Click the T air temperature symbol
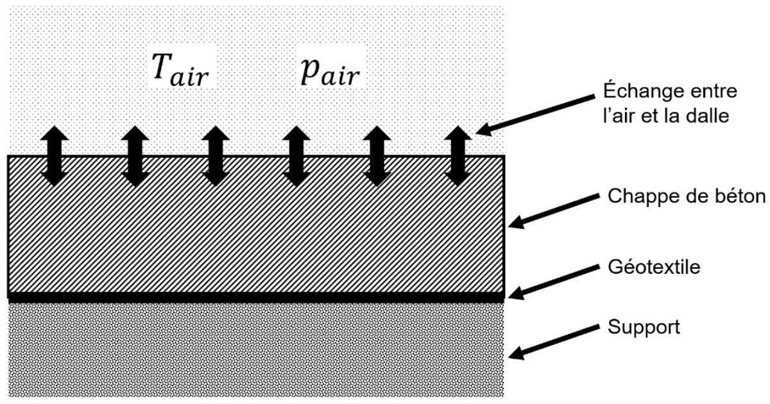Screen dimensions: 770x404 [x=180, y=71]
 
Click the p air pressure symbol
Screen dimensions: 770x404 [x=330, y=72]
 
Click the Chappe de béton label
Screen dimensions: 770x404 [x=687, y=196]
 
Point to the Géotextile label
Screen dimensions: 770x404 [x=654, y=267]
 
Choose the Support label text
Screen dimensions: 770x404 [x=644, y=326]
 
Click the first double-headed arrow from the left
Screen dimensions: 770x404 [x=55, y=156]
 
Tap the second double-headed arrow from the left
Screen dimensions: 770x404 [x=135, y=156]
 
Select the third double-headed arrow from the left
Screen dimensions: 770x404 [x=216, y=156]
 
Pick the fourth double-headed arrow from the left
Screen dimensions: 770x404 [x=296, y=156]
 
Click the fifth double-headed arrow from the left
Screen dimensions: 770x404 [x=377, y=156]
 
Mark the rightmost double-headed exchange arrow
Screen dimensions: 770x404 [x=458, y=156]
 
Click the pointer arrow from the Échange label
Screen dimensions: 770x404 [x=535, y=115]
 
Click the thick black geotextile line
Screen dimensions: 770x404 [x=256, y=298]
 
